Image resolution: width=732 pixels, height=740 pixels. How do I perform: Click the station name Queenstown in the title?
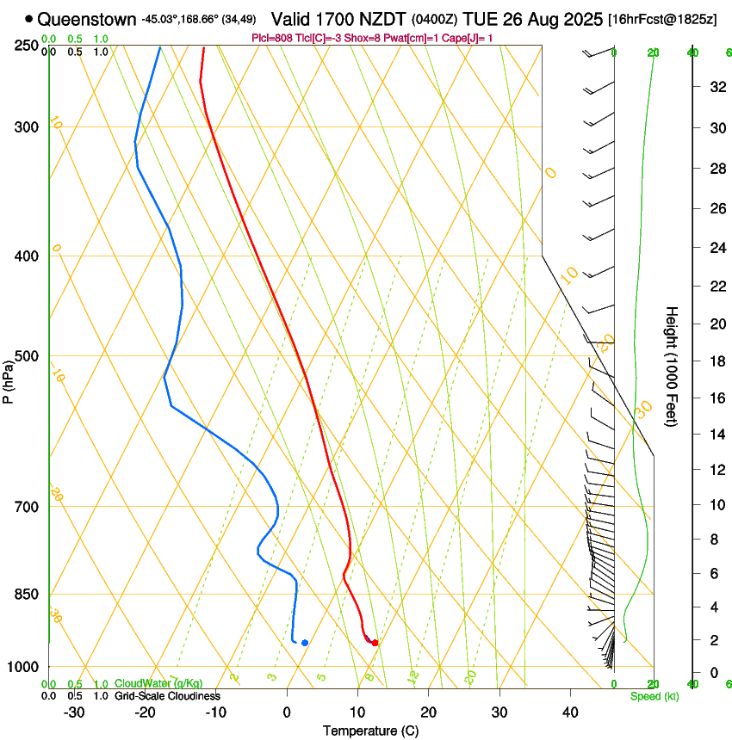coord(86,18)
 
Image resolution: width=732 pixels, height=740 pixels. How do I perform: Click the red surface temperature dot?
coord(375,643)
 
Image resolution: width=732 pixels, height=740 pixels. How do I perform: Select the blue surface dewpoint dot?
coord(305,643)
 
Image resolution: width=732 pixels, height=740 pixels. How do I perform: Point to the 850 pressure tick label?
coord(26,595)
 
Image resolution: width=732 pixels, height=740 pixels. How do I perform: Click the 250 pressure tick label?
coord(26,46)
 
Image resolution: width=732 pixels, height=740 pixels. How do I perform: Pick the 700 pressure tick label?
coord(26,507)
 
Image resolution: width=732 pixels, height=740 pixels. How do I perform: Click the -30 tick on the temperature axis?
coord(74,712)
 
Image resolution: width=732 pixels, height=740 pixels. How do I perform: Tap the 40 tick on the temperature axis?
coord(570,712)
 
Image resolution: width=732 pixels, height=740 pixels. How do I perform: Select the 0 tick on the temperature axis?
coord(287,712)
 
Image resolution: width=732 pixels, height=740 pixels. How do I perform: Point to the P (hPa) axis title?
coord(9,379)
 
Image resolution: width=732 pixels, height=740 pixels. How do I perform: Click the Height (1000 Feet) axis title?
coord(672,366)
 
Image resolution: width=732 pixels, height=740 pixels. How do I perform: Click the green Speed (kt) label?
coord(654,696)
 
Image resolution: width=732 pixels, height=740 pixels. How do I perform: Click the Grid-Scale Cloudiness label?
coord(167,696)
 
